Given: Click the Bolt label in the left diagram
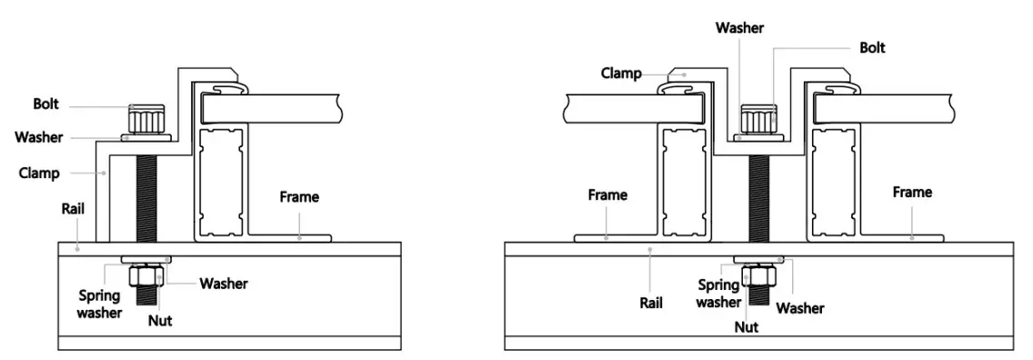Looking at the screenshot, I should pyautogui.click(x=45, y=105).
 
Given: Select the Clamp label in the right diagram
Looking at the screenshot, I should pyautogui.click(x=621, y=73).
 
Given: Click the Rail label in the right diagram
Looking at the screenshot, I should pyautogui.click(x=649, y=303).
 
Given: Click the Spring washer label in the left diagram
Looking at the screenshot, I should pyautogui.click(x=100, y=304).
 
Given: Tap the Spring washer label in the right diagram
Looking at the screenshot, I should pyautogui.click(x=718, y=293).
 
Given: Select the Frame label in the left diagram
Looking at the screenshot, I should pyautogui.click(x=299, y=196).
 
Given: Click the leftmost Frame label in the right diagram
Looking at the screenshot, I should pyautogui.click(x=607, y=195).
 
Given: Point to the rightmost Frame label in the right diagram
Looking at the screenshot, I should pyautogui.click(x=912, y=193).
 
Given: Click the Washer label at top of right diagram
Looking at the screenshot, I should pyautogui.click(x=739, y=28).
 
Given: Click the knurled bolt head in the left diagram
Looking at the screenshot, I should pyautogui.click(x=145, y=119).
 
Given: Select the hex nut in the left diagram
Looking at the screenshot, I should pyautogui.click(x=145, y=276).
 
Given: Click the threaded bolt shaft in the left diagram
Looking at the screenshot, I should pyautogui.click(x=145, y=200).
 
